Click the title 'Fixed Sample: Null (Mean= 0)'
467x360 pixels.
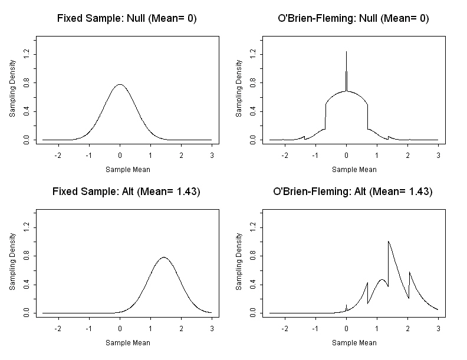pyautogui.click(x=127, y=18)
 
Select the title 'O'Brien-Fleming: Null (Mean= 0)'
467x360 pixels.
pyautogui.click(x=353, y=18)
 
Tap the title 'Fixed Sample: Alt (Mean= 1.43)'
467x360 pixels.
pyautogui.click(x=127, y=191)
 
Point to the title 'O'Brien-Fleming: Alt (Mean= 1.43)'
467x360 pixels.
pyautogui.click(x=353, y=191)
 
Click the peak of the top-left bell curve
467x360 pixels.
pyautogui.click(x=120, y=84)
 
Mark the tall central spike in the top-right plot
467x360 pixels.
pyautogui.click(x=346, y=52)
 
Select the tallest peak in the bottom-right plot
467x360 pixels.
pyautogui.click(x=388, y=241)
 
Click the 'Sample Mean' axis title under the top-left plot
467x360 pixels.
pyautogui.click(x=127, y=169)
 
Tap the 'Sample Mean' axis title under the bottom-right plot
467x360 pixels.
pyautogui.click(x=354, y=342)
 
